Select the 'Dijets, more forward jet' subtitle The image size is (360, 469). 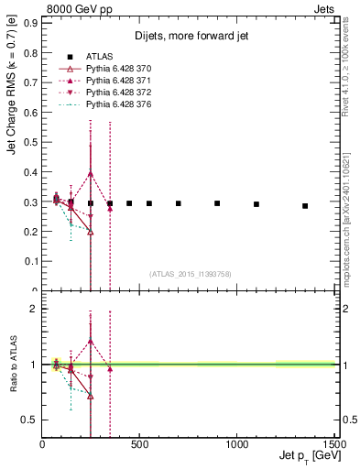click(189, 36)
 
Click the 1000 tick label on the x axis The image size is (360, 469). click(236, 444)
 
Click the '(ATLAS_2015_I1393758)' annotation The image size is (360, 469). click(190, 272)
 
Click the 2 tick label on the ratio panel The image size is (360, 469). click(33, 309)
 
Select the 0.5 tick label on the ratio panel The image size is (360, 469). click(30, 420)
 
